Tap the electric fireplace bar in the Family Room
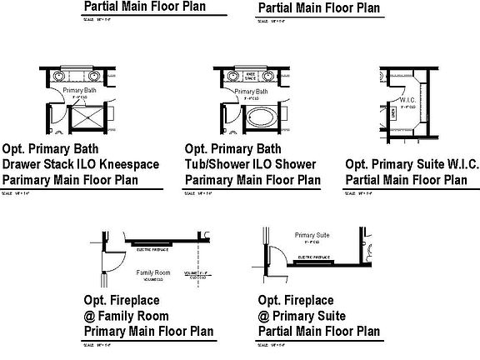tap(152, 244)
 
